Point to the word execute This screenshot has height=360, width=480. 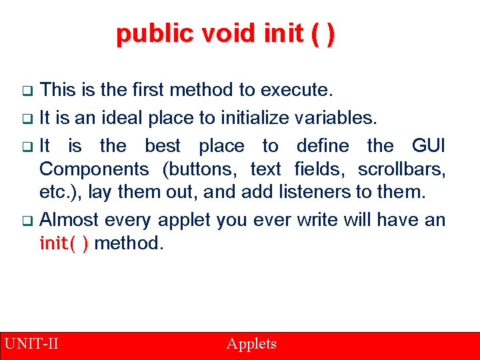(x=298, y=89)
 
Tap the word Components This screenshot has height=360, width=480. (x=99, y=169)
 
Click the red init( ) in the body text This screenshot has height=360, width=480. (x=64, y=244)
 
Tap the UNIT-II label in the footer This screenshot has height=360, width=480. (x=31, y=344)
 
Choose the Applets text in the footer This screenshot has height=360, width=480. (x=251, y=344)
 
